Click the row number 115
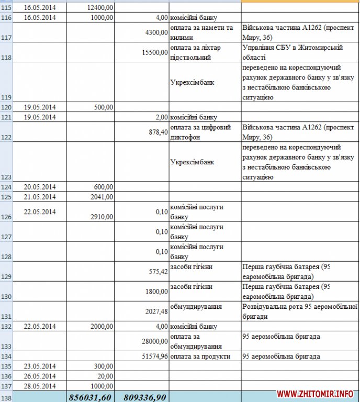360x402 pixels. point(6,8)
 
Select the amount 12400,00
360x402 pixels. point(99,8)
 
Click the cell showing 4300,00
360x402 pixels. point(156,32)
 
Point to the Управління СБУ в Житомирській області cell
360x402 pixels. point(293,52)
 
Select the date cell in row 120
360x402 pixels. point(40,107)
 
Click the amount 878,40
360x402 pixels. point(157,133)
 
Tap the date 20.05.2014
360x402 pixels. point(40,187)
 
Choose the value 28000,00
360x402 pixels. point(154,341)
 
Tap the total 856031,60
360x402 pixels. point(90,397)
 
